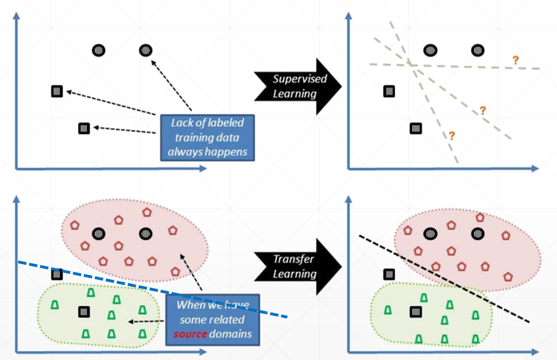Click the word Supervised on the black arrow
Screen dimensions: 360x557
(299, 79)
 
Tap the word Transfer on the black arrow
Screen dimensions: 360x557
(294, 259)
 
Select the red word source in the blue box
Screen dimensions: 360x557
(187, 334)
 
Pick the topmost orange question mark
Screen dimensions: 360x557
(515, 60)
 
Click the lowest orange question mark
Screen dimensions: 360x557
(451, 135)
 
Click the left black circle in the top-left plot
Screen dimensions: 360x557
(98, 50)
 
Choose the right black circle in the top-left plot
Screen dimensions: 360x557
(146, 50)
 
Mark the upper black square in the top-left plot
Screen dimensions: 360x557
(56, 91)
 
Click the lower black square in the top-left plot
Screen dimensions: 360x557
(84, 129)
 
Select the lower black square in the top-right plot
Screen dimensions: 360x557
(416, 129)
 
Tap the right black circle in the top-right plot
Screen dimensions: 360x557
(478, 50)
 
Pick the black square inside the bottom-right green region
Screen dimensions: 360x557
(416, 311)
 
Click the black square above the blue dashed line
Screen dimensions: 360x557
(56, 274)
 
